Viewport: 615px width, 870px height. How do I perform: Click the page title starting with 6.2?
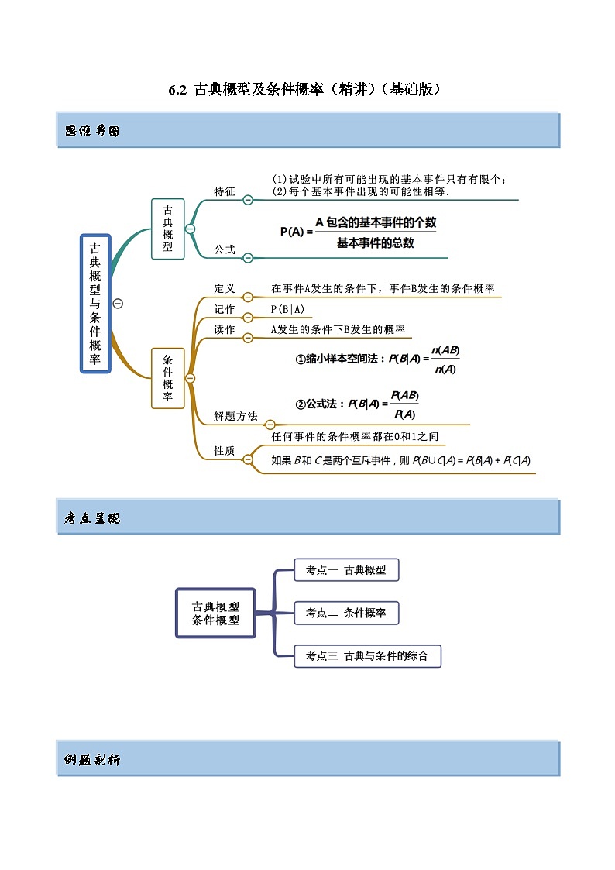tap(307, 89)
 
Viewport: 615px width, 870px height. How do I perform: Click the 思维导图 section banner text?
tap(92, 132)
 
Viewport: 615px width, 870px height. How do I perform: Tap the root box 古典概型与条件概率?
tap(95, 304)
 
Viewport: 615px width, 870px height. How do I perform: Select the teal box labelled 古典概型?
tap(168, 229)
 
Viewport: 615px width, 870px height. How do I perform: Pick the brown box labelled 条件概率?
tap(168, 378)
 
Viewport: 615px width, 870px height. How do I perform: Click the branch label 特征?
tap(225, 191)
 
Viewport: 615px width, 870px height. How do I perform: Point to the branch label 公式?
tap(225, 249)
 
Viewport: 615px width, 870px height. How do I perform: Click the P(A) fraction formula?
tap(359, 232)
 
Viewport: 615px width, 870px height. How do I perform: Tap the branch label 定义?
tap(225, 288)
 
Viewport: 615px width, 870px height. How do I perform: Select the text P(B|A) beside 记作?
tap(287, 309)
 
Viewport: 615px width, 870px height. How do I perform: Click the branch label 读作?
tap(225, 329)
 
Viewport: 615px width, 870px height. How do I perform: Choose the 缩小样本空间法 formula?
tap(378, 359)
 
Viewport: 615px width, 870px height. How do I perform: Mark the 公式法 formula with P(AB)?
tap(357, 404)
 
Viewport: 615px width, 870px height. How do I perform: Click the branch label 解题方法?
tap(235, 416)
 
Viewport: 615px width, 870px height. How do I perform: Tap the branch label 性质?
tap(225, 451)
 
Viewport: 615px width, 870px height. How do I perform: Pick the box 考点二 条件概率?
tap(346, 613)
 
